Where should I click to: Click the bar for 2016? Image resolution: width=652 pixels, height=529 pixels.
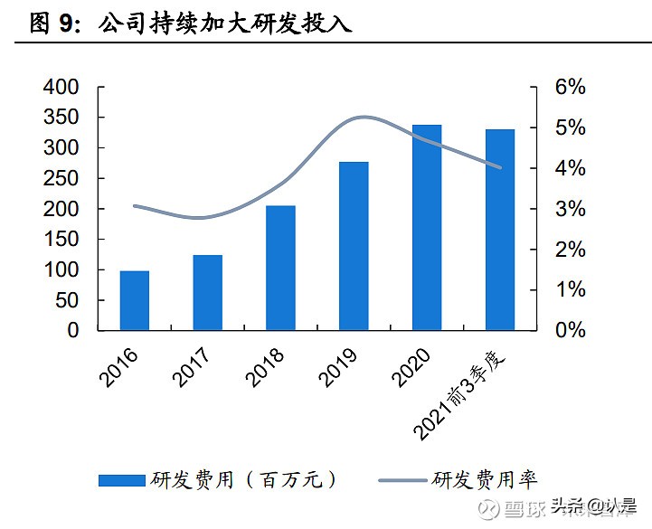135,300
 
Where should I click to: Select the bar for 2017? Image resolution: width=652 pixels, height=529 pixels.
208,293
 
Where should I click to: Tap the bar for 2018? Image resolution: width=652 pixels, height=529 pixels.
280,268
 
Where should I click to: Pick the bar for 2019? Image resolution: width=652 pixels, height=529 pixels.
354,246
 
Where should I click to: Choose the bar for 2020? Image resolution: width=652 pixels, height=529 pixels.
427,228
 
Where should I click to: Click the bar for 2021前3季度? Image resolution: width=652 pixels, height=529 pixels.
500,230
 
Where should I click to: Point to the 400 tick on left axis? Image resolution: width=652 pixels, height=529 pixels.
61,88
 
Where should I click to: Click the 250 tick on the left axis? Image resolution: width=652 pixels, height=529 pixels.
61,179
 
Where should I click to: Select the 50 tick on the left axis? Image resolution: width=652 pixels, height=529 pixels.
68,301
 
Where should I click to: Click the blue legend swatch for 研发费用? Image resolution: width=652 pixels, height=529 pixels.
121,480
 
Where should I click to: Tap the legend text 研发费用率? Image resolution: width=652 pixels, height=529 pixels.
485,480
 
